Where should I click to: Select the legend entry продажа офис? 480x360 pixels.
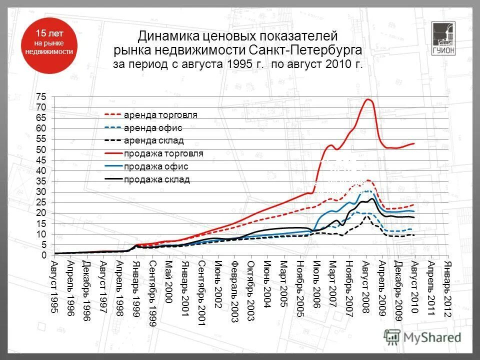tap(156, 166)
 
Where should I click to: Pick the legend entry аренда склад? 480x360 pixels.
tap(153, 141)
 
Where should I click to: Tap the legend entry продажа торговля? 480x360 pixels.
tap(163, 153)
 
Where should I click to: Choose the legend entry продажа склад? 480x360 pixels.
tap(156, 180)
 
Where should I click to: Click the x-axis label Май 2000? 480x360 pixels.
tap(168, 279)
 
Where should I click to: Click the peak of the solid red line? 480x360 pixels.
tap(368, 99)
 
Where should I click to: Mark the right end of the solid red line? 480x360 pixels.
tap(414, 143)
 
